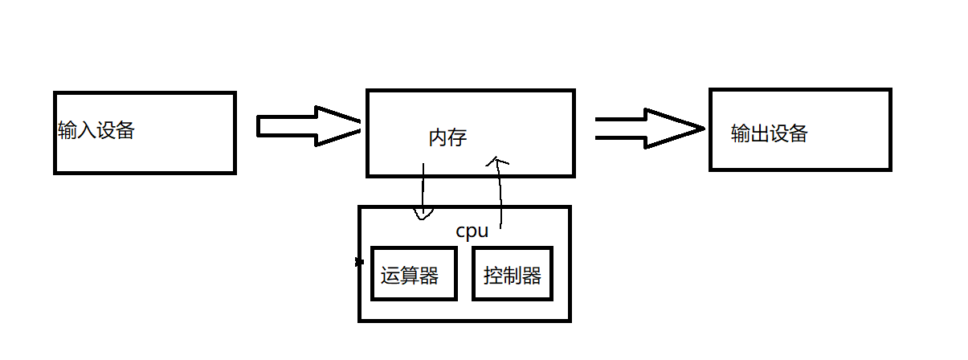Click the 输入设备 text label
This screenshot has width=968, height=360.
coord(96,131)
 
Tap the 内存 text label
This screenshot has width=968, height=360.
coord(447,138)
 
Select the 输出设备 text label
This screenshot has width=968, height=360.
coord(769,133)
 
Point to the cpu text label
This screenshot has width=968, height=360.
coord(472,231)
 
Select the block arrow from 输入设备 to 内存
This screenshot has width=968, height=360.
coord(309,126)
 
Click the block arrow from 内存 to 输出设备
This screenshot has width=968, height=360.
coord(649,129)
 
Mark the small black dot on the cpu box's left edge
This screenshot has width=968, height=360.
coord(359,262)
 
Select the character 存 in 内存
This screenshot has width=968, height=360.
coord(457,138)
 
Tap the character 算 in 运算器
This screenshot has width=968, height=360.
coord(410,276)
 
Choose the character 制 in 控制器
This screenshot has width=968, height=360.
coord(513,276)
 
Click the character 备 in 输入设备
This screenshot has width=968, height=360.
coord(125,131)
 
